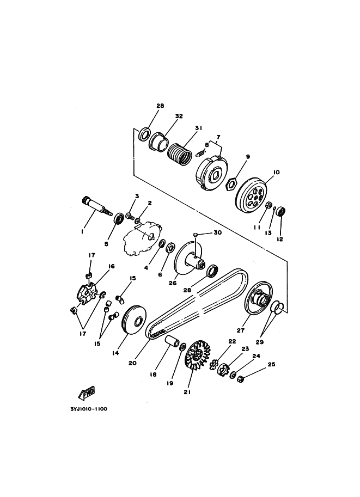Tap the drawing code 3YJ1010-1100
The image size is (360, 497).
[x=89, y=409]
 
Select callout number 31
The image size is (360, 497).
[x=199, y=128]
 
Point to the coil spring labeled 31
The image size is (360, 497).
[x=180, y=154]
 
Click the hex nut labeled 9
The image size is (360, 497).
[x=231, y=184]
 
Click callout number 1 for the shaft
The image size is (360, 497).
[x=82, y=232]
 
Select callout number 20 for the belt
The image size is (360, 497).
[x=132, y=363]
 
